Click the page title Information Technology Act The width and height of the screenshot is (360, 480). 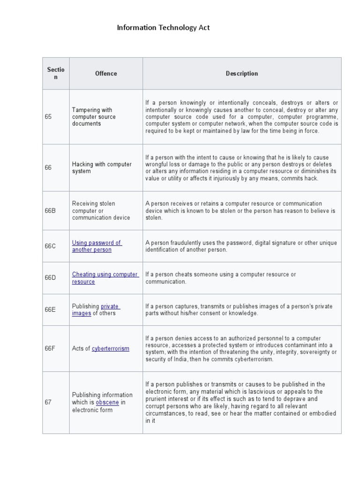163,28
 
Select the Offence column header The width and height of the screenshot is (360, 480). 106,74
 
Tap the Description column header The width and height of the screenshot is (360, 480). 241,74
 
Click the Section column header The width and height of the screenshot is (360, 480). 56,74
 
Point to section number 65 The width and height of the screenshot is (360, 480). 48,117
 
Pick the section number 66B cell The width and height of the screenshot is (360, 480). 50,211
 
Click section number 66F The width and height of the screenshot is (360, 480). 50,349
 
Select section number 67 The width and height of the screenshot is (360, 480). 48,402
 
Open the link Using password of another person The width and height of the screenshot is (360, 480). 96,246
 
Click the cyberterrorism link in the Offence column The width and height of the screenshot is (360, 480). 110,349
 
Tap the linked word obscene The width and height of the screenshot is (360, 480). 107,402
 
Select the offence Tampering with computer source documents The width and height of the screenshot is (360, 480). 94,117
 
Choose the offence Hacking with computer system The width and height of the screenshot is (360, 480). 102,168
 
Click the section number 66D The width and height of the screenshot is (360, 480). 50,278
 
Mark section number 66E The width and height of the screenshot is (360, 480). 50,310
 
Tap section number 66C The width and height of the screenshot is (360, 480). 50,246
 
